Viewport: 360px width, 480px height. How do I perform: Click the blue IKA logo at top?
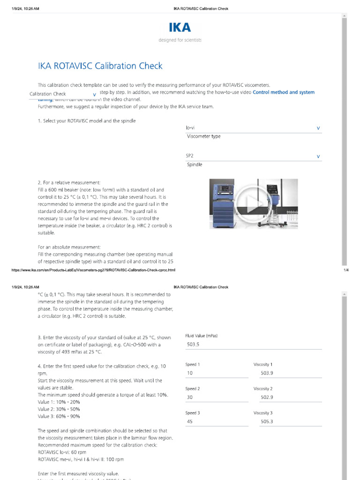[180, 27]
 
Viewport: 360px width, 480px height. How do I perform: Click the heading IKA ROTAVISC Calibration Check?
[100, 66]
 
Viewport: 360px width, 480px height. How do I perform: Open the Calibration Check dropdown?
[63, 94]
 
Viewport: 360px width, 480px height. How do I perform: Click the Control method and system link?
[283, 92]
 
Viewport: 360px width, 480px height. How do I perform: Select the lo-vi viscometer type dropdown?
[253, 128]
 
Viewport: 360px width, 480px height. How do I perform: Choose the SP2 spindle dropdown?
[253, 156]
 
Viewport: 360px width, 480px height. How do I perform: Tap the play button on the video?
[253, 203]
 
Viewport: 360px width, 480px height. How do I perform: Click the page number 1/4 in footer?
[346, 270]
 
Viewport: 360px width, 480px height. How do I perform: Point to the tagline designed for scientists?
[180, 40]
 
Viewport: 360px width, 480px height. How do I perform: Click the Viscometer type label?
[203, 136]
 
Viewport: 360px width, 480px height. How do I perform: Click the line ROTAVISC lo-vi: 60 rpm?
[62, 452]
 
